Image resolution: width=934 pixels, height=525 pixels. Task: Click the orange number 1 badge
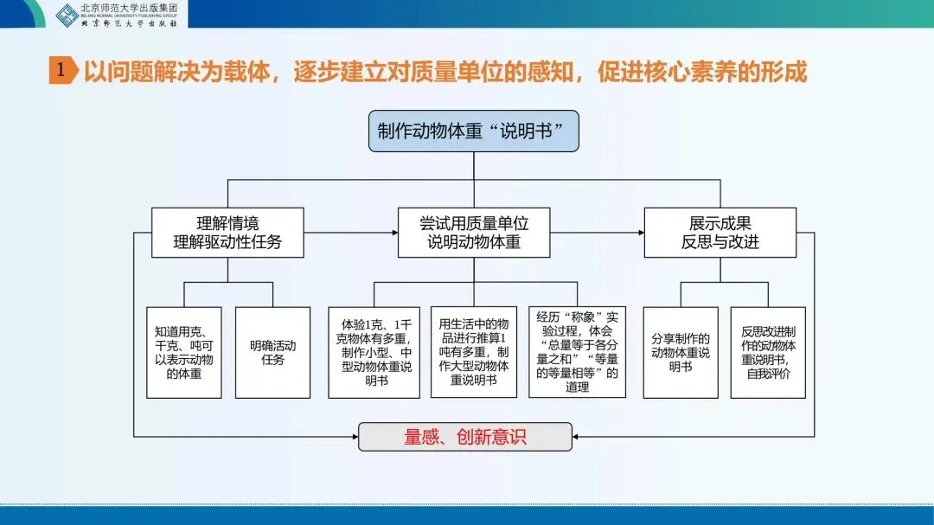(x=60, y=70)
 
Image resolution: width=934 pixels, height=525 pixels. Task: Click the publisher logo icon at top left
(x=66, y=14)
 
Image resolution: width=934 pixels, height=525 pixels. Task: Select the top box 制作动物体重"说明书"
(x=473, y=131)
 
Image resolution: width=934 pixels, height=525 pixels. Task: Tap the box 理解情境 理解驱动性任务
(x=227, y=233)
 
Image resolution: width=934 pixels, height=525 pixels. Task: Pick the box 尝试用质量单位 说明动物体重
(x=473, y=233)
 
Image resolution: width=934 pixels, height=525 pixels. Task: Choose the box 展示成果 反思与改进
(x=720, y=233)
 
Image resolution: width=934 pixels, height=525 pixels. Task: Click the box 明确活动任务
(x=272, y=352)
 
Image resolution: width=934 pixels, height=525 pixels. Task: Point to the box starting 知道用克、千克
(x=183, y=352)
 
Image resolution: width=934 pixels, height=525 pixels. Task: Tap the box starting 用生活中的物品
(x=473, y=352)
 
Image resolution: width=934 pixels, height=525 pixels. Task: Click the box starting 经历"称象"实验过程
(x=577, y=352)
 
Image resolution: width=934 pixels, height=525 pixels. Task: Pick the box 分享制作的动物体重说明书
(x=680, y=352)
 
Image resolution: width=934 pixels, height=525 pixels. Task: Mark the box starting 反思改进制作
(x=768, y=352)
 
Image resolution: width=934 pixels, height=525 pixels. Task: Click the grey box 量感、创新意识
(x=465, y=437)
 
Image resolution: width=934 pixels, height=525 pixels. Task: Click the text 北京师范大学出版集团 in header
(x=129, y=9)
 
